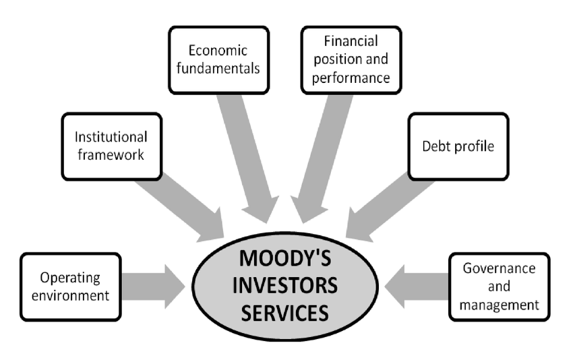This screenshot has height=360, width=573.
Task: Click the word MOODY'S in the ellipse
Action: coord(288,258)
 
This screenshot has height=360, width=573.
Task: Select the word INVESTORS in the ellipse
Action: coord(288,286)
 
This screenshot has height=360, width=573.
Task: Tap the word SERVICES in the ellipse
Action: coord(288,313)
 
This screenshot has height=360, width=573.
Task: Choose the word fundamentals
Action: coord(218,69)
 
